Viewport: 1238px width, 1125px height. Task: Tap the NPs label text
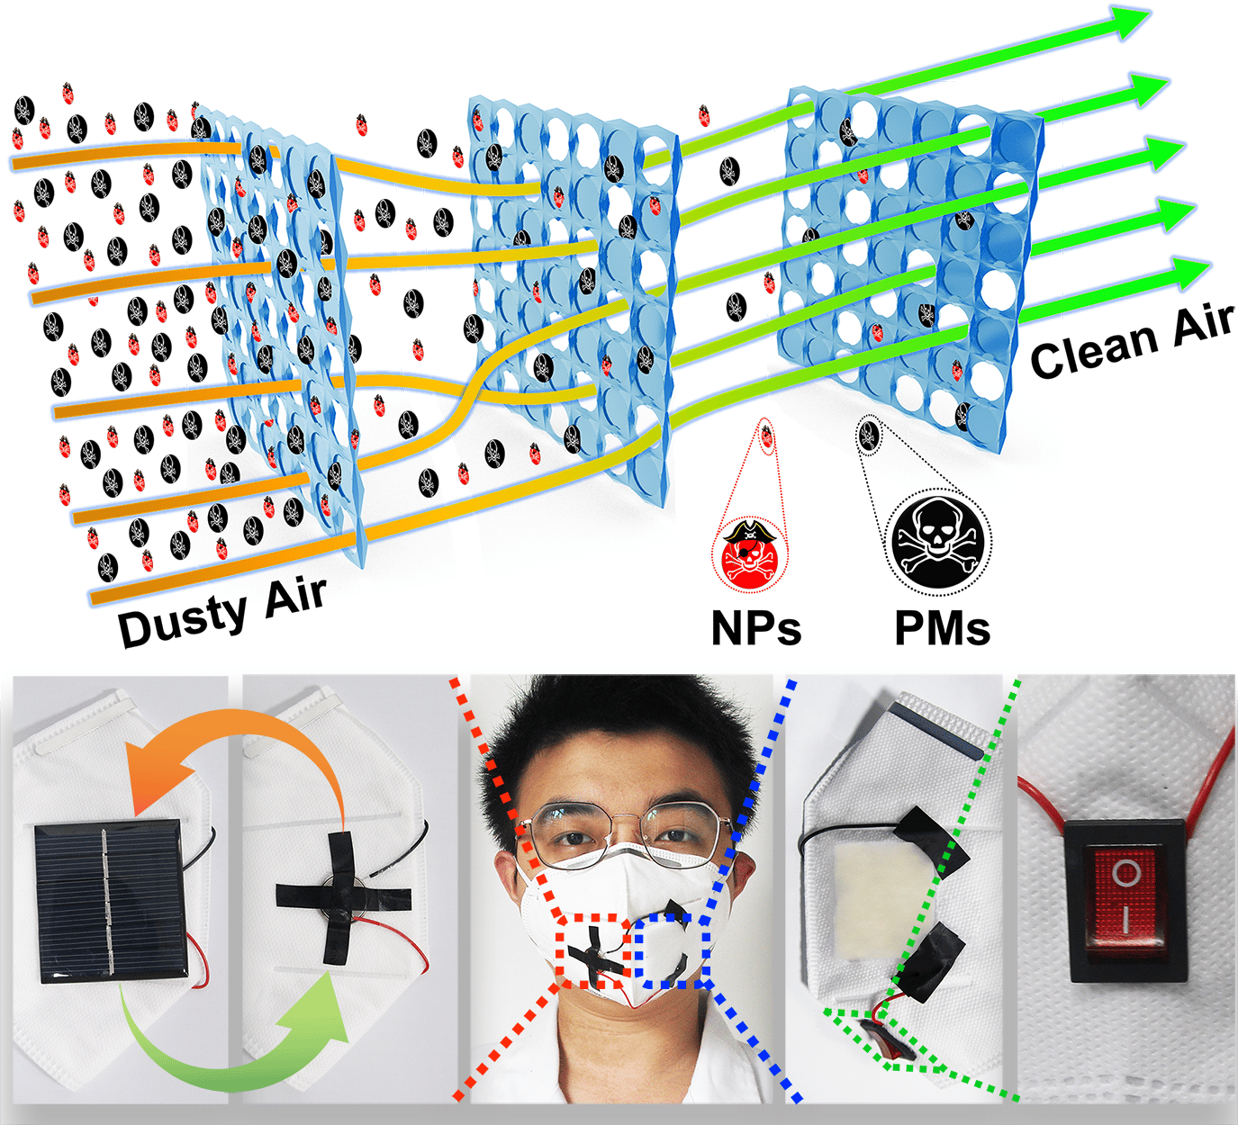[x=755, y=627]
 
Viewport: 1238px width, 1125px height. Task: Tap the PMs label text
[x=942, y=627]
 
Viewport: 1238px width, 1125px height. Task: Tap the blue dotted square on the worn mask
[x=672, y=950]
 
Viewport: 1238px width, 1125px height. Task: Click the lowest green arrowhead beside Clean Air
[x=1188, y=272]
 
